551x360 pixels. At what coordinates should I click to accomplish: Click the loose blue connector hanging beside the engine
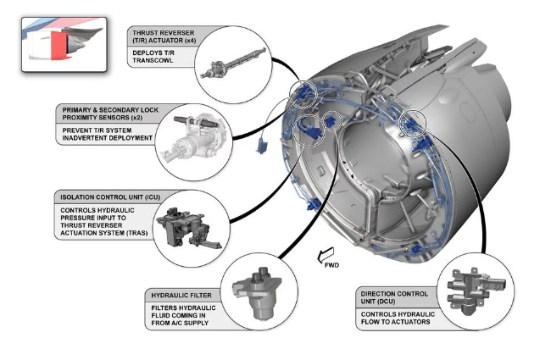[262, 145]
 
